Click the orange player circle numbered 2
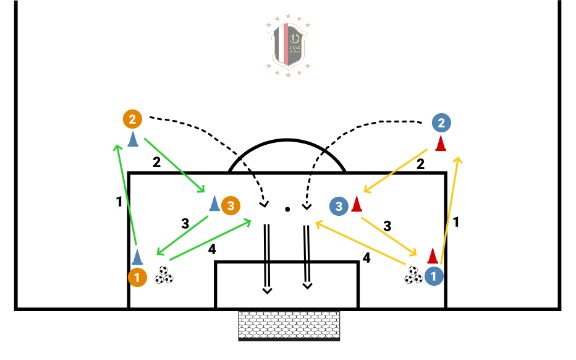click(x=132, y=118)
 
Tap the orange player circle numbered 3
click(x=230, y=205)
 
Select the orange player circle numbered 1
click(x=137, y=276)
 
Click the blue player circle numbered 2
click(x=441, y=123)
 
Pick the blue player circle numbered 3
click(x=339, y=206)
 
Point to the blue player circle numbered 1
click(x=434, y=276)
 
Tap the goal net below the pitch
click(x=289, y=325)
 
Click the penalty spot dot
click(x=287, y=210)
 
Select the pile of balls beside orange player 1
click(x=164, y=275)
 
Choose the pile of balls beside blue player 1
click(x=413, y=275)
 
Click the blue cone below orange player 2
click(x=132, y=139)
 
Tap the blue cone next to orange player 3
click(x=214, y=204)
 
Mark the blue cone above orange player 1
click(x=137, y=256)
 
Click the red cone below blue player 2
click(x=441, y=144)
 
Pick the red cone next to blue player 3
click(x=356, y=204)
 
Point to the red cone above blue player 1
click(x=433, y=255)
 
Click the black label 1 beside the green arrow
click(x=119, y=201)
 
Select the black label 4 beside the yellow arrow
click(x=366, y=258)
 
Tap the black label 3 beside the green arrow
click(x=185, y=223)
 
